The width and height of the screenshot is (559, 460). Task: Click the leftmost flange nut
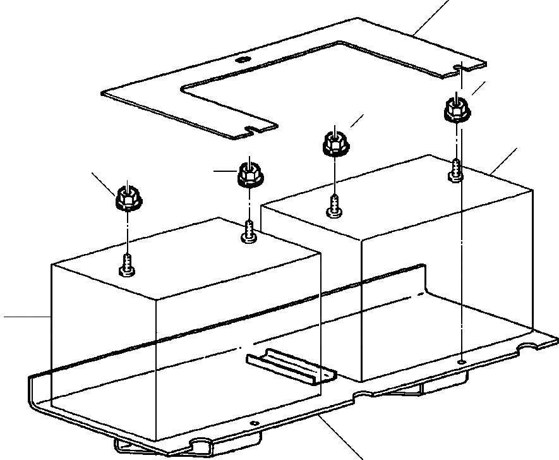pos(126,199)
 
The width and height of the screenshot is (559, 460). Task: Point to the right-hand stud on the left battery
pos(249,232)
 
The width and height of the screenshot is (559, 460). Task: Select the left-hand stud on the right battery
pos(334,206)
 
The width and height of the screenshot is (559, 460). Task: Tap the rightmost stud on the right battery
pos(456,171)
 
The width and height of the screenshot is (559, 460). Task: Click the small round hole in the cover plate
pos(243,61)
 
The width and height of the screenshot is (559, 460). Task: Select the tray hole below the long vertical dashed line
pos(463,361)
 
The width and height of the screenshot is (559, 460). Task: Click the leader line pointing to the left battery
pos(25,315)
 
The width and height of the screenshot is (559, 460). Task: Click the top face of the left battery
pos(189,253)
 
